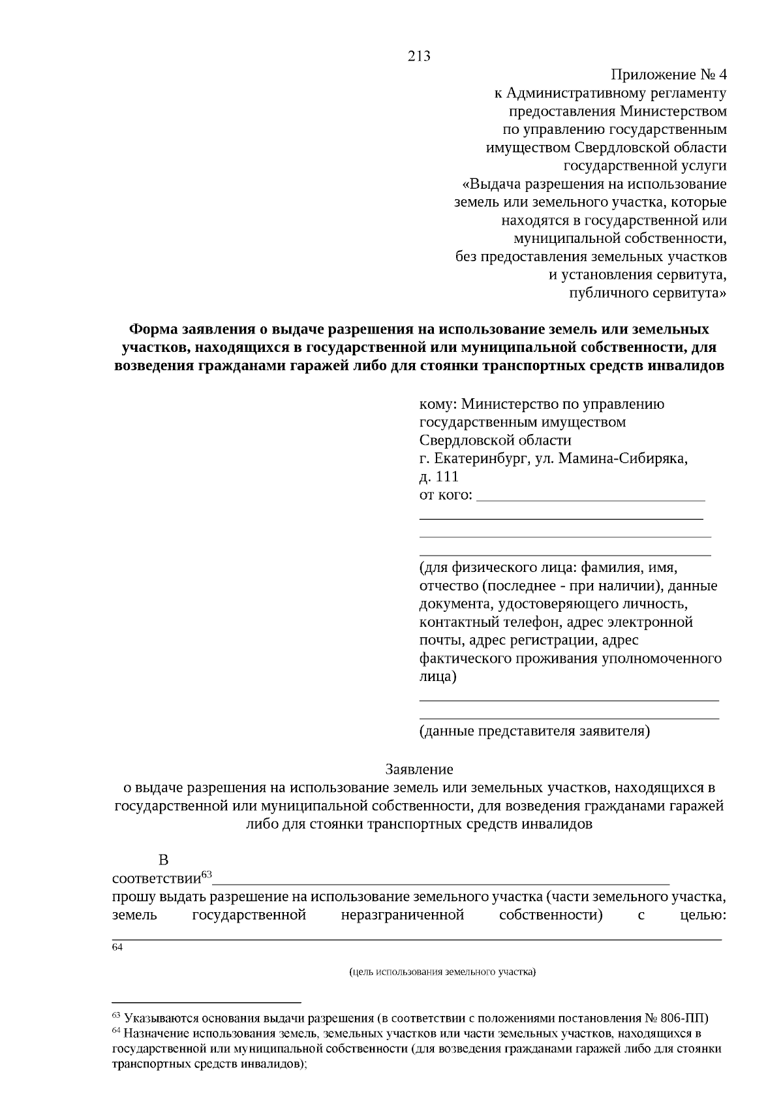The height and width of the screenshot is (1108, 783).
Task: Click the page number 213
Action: pos(419,56)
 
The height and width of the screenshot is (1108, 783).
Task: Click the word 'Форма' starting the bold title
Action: pos(152,328)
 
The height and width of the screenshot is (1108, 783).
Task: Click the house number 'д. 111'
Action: pos(438,477)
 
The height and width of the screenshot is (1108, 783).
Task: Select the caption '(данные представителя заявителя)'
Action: pos(534,731)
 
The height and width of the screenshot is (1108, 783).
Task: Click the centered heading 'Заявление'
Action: pos(419,769)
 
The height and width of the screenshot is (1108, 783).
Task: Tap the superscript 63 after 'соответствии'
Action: pos(207,874)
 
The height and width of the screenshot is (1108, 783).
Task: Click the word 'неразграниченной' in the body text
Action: pos(402,915)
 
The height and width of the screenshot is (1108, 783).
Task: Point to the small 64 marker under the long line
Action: pos(117,947)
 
